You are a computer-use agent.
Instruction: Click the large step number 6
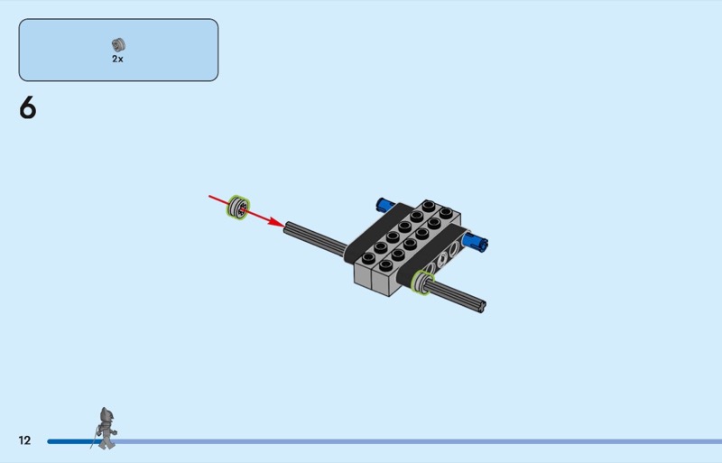coord(28,107)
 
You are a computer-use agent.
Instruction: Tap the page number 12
coord(24,440)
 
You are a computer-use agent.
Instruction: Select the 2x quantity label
coord(118,59)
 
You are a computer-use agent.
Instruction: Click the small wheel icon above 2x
coord(118,44)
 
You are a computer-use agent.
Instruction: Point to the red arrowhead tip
coord(284,226)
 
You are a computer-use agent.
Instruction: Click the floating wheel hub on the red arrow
coord(238,207)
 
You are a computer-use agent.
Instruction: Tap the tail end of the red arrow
coord(209,196)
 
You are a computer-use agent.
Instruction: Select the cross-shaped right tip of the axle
coord(482,306)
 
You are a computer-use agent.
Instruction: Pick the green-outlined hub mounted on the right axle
coord(422,282)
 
